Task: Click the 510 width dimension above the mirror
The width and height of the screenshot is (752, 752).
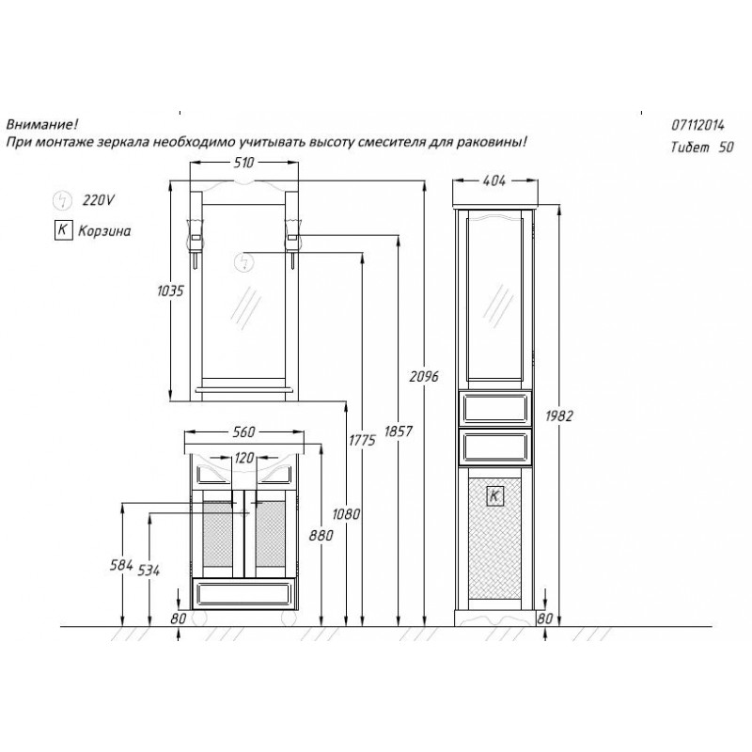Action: click(x=243, y=163)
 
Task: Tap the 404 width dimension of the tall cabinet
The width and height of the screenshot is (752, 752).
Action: click(x=494, y=180)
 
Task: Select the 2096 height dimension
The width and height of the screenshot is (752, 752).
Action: click(x=424, y=377)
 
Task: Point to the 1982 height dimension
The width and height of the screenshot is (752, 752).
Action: click(x=559, y=415)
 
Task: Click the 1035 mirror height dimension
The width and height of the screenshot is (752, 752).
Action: click(x=170, y=290)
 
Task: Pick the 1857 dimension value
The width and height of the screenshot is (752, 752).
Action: click(x=398, y=431)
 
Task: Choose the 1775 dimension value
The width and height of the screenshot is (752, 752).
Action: click(x=362, y=440)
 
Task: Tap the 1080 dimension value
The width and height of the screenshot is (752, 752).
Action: click(x=346, y=514)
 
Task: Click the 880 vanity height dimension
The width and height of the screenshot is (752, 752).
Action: click(x=321, y=535)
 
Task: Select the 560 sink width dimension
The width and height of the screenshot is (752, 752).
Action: click(x=243, y=432)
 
